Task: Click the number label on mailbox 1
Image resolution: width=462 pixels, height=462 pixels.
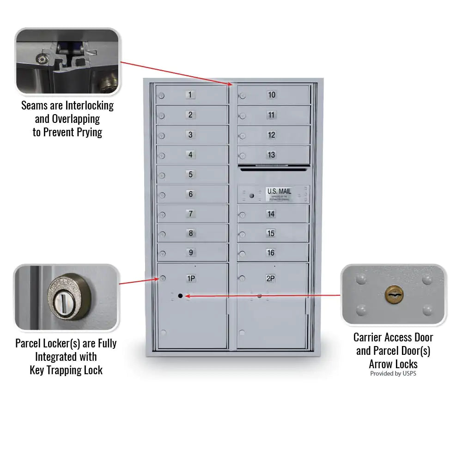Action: tap(190, 95)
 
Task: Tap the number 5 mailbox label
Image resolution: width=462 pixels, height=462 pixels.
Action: tap(190, 175)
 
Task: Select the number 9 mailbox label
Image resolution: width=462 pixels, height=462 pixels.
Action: tap(190, 253)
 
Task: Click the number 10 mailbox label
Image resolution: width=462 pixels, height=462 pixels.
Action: tap(272, 95)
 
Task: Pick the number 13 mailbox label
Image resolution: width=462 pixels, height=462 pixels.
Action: tap(272, 155)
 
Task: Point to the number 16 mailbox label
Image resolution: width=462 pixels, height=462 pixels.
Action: tap(271, 253)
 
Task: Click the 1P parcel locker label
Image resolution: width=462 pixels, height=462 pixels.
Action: tap(191, 279)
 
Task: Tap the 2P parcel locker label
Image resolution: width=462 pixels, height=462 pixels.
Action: tap(271, 279)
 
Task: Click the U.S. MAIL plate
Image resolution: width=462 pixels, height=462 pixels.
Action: tap(279, 192)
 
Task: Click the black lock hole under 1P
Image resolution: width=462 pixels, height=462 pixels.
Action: tap(180, 296)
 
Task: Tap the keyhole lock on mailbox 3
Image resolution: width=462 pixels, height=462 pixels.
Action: tap(161, 136)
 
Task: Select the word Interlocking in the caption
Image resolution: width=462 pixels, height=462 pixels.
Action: tap(89, 105)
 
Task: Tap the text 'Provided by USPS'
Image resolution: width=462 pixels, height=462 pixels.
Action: tap(393, 373)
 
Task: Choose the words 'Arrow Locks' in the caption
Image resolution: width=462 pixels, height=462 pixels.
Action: tap(393, 364)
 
